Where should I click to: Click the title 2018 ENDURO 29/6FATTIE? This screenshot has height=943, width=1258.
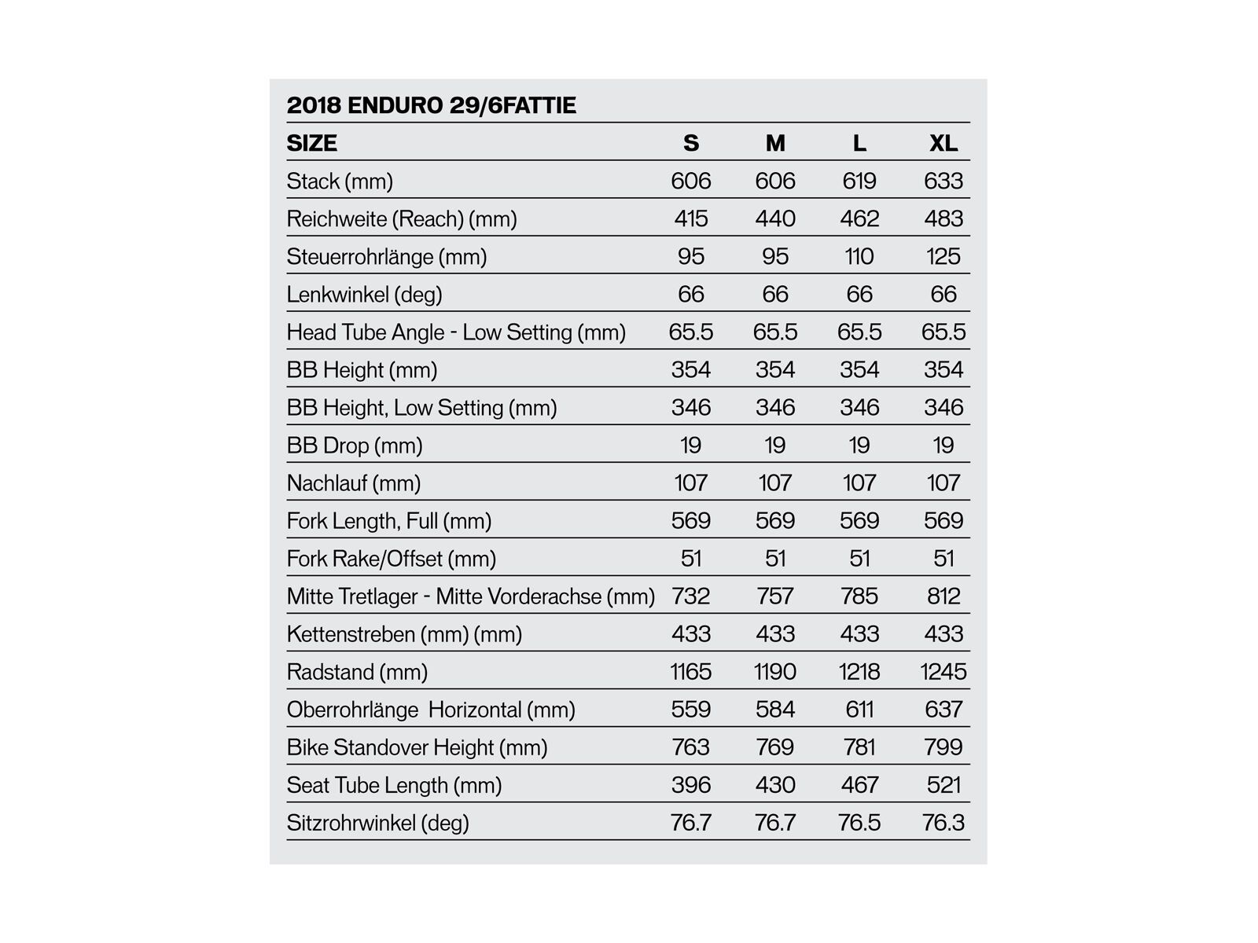click(x=431, y=105)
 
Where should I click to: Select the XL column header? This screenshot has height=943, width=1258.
click(x=943, y=143)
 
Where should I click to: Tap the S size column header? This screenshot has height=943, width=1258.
click(x=690, y=143)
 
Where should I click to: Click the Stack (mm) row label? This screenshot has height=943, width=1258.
click(x=340, y=182)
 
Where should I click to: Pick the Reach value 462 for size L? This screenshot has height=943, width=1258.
click(x=859, y=218)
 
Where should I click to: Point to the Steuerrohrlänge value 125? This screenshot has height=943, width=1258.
click(x=943, y=256)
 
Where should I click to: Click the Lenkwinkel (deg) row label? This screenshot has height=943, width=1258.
click(x=364, y=295)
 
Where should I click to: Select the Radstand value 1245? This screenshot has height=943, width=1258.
click(x=943, y=672)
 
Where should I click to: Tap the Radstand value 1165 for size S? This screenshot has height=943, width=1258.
click(x=690, y=672)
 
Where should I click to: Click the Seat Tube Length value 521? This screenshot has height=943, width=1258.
click(x=943, y=785)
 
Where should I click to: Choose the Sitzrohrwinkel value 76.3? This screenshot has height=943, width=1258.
click(x=943, y=823)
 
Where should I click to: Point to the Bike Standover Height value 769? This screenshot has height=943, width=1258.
click(x=775, y=747)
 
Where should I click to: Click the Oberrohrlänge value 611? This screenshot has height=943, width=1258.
click(x=859, y=710)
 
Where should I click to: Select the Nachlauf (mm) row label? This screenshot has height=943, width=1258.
click(x=354, y=483)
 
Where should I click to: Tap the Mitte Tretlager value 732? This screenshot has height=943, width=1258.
click(x=690, y=596)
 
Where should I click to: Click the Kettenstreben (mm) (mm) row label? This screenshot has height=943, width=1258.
click(x=404, y=634)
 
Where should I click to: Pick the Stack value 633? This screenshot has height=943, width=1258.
click(x=943, y=182)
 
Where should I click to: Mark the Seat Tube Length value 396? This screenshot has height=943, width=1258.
click(x=690, y=785)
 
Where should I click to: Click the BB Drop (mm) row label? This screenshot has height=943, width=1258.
click(x=355, y=446)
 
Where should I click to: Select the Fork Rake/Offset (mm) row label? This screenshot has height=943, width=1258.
click(x=392, y=559)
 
